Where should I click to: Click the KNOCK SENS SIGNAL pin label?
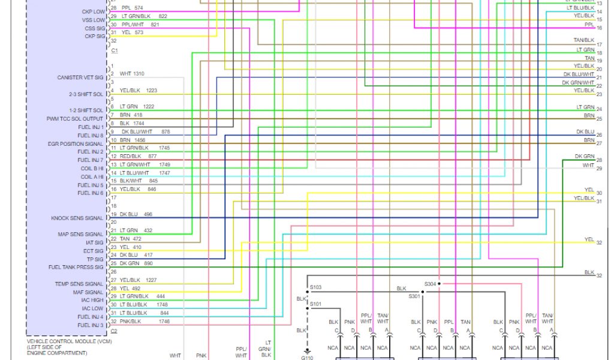point(77,218)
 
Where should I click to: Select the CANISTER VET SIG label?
point(80,78)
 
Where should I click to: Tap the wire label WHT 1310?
point(132,74)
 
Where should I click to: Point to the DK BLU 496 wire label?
point(136,214)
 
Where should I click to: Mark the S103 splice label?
point(315,287)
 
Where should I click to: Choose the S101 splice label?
point(315,304)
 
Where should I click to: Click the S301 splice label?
point(415,296)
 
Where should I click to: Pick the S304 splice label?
point(431,284)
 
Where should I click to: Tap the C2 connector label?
point(114,331)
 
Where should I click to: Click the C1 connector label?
point(114,51)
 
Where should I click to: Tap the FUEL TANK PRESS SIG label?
point(76,267)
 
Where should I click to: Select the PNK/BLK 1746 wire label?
point(140,321)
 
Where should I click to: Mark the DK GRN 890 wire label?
point(136,263)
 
